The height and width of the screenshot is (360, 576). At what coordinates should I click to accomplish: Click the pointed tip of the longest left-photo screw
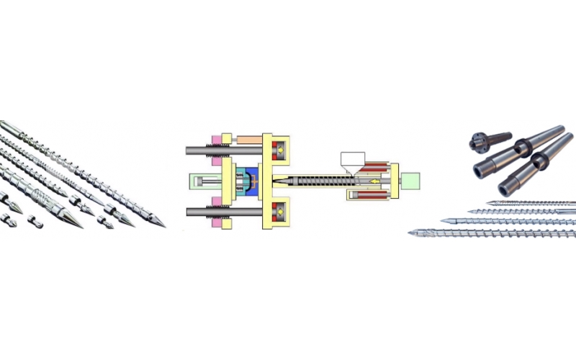click(163, 225)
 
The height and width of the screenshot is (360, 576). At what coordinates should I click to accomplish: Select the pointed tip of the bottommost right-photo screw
click(411, 232)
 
